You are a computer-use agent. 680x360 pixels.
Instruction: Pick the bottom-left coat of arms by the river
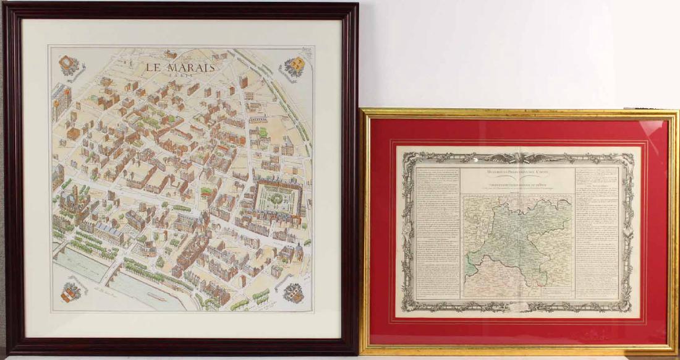71,291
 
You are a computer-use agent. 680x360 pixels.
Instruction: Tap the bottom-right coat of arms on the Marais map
293,291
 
